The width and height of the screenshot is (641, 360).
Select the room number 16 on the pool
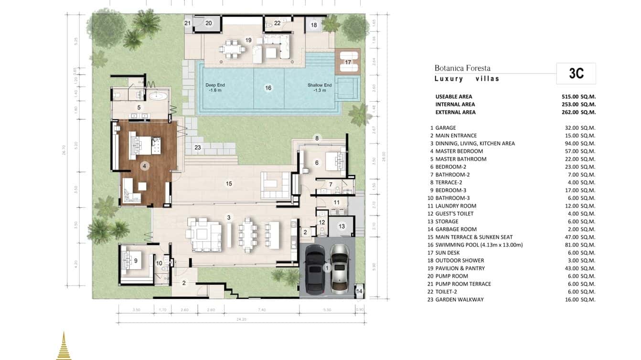pyautogui.click(x=268, y=88)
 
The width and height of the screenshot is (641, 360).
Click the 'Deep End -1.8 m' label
pyautogui.click(x=215, y=87)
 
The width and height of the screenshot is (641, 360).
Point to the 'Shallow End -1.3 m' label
pyautogui.click(x=319, y=87)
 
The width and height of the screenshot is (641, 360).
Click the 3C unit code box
pyautogui.click(x=576, y=74)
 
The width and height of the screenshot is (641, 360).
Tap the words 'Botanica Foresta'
pyautogui.click(x=462, y=68)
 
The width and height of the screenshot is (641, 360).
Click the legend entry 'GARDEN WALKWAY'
pyautogui.click(x=459, y=299)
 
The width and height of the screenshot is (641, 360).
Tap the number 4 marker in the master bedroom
pyautogui.click(x=145, y=166)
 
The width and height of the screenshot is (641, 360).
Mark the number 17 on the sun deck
pyautogui.click(x=348, y=63)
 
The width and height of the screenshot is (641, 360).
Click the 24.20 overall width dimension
pyautogui.click(x=241, y=319)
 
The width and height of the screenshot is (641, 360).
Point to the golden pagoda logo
pyautogui.click(x=64, y=346)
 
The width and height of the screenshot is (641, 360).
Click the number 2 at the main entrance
pyautogui.click(x=184, y=283)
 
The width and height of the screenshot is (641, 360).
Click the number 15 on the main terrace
pyautogui.click(x=229, y=183)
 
